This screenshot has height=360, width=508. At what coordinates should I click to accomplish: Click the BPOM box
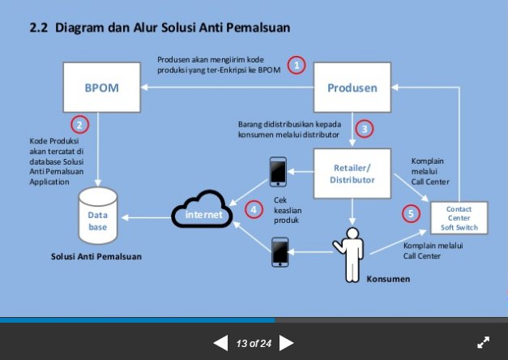101,88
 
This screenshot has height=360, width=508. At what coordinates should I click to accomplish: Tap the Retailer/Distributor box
352,174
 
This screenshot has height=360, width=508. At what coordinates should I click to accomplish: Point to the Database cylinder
98,215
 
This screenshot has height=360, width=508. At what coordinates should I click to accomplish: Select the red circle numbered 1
297,65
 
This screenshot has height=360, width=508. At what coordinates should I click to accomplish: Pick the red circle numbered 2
79,125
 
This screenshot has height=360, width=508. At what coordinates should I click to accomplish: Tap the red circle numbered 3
365,128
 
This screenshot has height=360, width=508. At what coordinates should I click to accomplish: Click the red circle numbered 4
255,209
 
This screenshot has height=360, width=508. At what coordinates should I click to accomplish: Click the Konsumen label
388,278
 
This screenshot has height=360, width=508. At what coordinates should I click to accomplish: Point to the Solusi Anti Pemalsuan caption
96,256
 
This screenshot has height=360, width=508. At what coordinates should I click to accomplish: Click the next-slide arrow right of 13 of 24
286,343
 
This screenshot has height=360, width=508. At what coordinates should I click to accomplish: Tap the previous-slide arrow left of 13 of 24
220,343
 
